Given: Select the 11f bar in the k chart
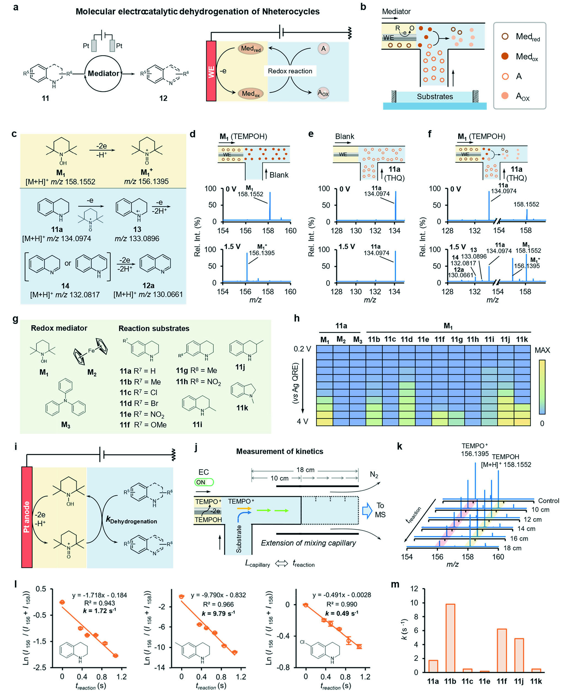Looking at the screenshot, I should (x=501, y=650).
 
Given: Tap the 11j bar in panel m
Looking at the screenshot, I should (x=519, y=655).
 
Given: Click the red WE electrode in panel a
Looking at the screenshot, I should (x=211, y=71).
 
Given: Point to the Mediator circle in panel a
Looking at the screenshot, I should (x=103, y=73).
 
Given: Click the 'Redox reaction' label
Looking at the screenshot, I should (x=290, y=71).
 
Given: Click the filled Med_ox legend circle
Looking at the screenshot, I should (x=505, y=56).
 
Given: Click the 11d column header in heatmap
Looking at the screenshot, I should (x=407, y=339).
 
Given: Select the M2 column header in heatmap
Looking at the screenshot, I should (x=341, y=340).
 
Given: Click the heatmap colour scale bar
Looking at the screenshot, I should (x=542, y=387).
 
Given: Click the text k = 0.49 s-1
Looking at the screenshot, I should (x=342, y=613).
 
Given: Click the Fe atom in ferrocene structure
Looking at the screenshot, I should (x=91, y=351).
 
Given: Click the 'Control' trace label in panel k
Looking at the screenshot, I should (x=549, y=501).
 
